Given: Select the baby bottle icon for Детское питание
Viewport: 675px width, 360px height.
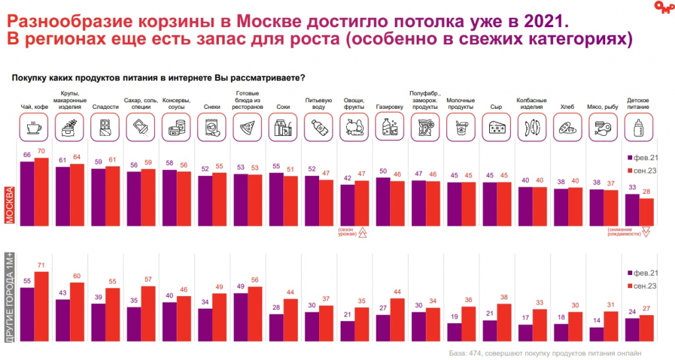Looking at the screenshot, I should point(638,127).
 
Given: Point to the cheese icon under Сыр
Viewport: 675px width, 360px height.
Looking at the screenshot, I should point(496,127).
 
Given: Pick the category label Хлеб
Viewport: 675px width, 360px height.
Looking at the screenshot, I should point(567,106).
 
